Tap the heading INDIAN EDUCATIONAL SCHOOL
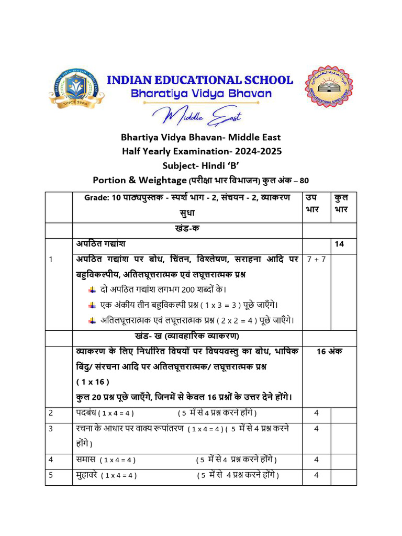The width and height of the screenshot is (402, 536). (200, 80)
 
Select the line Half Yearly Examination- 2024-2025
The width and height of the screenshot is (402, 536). (201, 151)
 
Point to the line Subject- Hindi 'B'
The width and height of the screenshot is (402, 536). (201, 165)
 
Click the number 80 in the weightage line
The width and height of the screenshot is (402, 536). (304, 180)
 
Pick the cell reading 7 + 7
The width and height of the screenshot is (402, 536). (316, 260)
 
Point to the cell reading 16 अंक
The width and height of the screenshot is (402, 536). (329, 352)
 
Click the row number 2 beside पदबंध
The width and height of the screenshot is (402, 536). (51, 413)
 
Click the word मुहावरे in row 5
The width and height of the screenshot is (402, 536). (87, 475)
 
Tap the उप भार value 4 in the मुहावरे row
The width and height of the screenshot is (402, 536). (316, 475)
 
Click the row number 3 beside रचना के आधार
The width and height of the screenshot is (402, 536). (51, 429)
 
